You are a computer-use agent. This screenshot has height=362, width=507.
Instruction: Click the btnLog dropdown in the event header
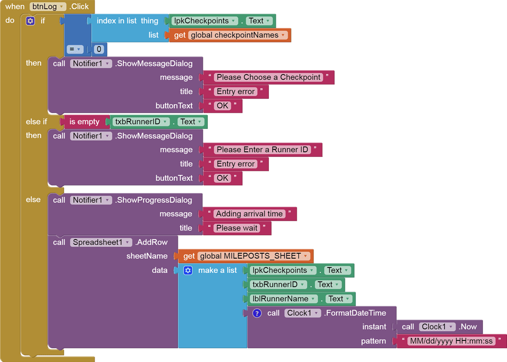[x=48, y=7]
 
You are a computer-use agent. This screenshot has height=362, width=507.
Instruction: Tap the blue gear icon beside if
[x=30, y=21]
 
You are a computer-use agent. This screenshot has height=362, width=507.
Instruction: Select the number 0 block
[x=99, y=49]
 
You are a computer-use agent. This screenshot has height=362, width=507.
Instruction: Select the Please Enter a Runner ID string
[x=263, y=150]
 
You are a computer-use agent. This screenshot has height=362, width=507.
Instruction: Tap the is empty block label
[x=84, y=122]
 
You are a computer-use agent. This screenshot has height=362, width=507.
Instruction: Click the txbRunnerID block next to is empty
[x=141, y=122]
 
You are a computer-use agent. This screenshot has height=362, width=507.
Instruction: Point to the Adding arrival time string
[x=249, y=214]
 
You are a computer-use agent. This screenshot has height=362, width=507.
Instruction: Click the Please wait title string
[x=237, y=228]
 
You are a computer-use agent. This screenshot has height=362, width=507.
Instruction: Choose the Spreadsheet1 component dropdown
[x=101, y=242]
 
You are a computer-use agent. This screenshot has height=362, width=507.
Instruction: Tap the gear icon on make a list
[x=188, y=270]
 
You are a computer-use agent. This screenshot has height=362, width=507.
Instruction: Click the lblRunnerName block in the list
[x=284, y=299]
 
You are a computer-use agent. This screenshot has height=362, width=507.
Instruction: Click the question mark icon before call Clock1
[x=257, y=313]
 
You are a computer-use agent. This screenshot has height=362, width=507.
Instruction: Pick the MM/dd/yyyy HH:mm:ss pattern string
[x=451, y=341]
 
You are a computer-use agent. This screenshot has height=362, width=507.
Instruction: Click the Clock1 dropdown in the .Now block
[x=437, y=327]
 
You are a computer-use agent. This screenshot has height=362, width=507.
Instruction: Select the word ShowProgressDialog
[x=154, y=200]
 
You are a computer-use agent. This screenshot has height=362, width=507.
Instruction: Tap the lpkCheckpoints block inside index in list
[x=205, y=21]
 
